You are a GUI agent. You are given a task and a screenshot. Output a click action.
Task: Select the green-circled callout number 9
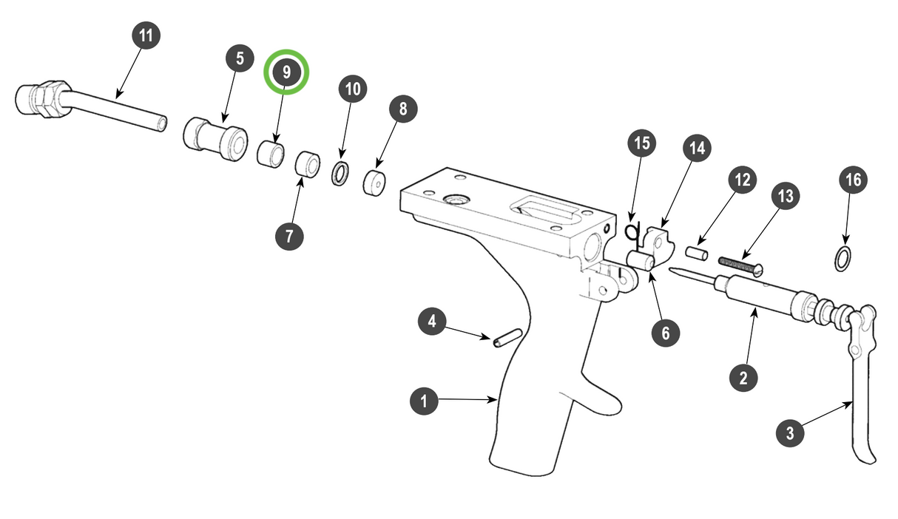pos(286,72)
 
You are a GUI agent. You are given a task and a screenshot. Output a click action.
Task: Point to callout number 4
pos(432,322)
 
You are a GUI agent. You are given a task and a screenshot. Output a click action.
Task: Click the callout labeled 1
pos(424,401)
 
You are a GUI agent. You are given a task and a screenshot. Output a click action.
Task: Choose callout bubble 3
pos(790,433)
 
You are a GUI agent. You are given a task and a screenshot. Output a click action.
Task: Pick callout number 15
pos(642,143)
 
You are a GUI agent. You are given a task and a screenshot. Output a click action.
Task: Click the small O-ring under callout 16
pos(842,259)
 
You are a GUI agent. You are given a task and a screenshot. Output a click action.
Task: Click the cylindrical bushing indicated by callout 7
pos(307,165)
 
